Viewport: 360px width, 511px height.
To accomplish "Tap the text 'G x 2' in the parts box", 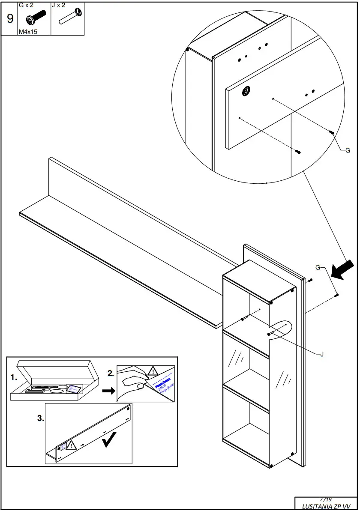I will click(26, 6).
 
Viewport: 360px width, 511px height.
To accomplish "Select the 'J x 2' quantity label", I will click(59, 6).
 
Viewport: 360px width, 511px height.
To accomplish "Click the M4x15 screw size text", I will click(27, 32).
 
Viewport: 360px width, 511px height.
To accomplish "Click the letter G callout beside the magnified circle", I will click(348, 150).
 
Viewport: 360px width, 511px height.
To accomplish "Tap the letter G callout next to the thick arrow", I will click(318, 268).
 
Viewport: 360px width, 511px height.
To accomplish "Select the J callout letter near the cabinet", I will click(321, 354).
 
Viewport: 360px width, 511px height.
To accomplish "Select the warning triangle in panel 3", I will click(71, 445).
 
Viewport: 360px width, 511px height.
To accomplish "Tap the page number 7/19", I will click(326, 499).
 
